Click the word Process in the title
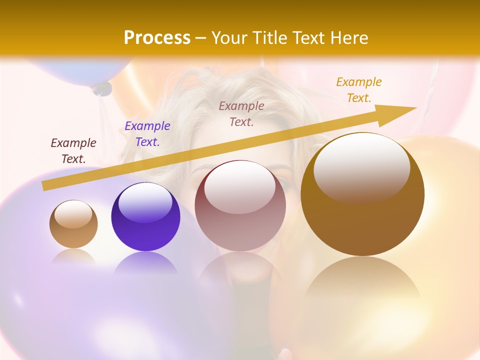pos(157,38)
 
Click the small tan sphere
pos(73,225)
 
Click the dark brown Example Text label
pos(73,150)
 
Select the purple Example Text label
pos(147,134)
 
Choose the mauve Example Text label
pos(241,113)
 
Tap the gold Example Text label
pos(359,90)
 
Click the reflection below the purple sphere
pos(145,262)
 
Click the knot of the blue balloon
pos(102,89)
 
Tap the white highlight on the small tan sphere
pos(73,214)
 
